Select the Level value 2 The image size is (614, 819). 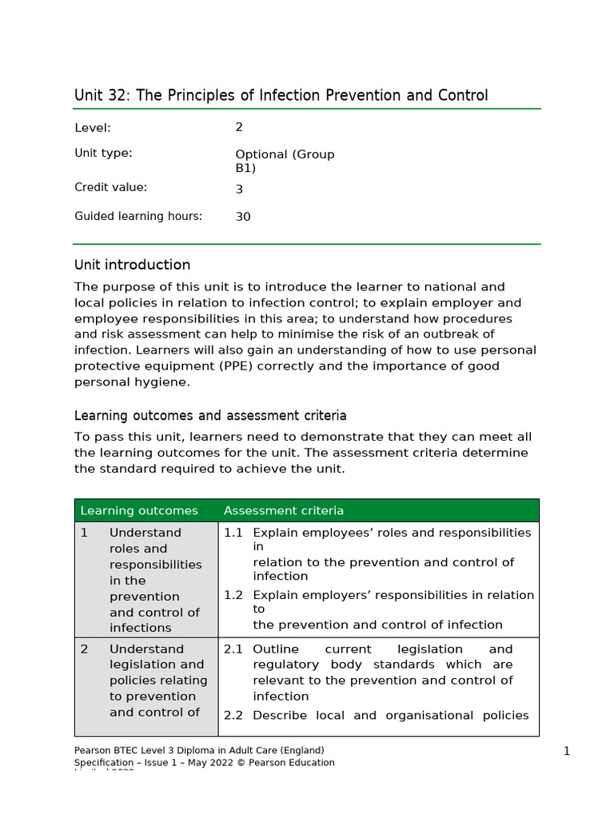click(239, 127)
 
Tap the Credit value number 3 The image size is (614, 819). click(239, 190)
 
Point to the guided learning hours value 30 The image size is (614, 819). click(243, 217)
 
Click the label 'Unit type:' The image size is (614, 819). click(103, 154)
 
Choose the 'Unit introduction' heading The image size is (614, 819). click(132, 265)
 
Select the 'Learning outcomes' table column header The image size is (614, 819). click(139, 510)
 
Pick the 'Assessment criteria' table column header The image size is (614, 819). click(284, 510)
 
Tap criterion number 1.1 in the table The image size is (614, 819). click(233, 533)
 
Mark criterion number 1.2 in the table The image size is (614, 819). click(233, 595)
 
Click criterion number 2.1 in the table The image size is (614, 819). click(233, 649)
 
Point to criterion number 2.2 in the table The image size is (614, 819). click(233, 716)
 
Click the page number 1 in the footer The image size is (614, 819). click(566, 751)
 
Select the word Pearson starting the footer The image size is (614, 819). click(92, 750)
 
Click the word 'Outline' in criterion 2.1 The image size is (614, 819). click(274, 649)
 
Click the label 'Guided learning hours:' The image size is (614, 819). click(138, 216)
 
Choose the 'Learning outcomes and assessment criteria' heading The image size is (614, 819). click(210, 416)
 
